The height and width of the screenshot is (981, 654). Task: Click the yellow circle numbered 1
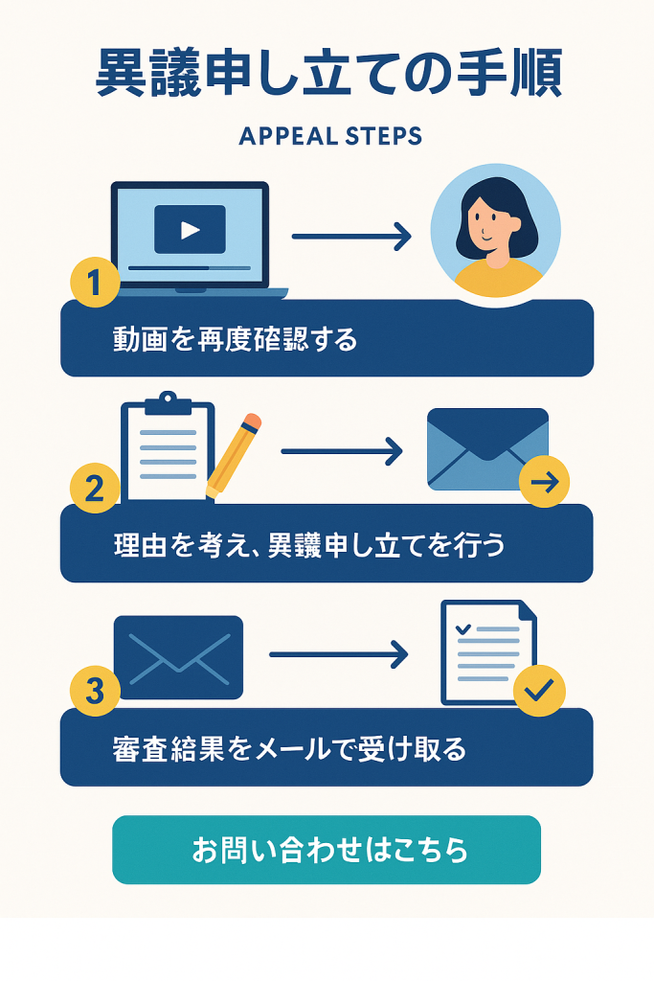pyautogui.click(x=95, y=282)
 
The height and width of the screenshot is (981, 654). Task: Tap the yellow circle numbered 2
pyautogui.click(x=95, y=488)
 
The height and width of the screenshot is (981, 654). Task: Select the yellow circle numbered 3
pyautogui.click(x=95, y=692)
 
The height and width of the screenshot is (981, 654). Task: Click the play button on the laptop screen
pyautogui.click(x=191, y=230)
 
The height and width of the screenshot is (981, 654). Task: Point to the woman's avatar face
pyautogui.click(x=487, y=222)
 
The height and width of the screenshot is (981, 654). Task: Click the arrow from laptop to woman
pyautogui.click(x=352, y=237)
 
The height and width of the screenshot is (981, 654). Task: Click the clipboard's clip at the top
pyautogui.click(x=168, y=403)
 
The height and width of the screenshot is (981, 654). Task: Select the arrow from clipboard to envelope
pyautogui.click(x=342, y=451)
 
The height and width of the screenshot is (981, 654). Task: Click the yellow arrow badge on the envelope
pyautogui.click(x=545, y=481)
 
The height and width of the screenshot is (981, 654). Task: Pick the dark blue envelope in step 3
pyautogui.click(x=179, y=657)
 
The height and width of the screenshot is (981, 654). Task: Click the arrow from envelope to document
pyautogui.click(x=339, y=654)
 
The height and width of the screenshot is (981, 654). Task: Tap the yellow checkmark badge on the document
pyautogui.click(x=539, y=691)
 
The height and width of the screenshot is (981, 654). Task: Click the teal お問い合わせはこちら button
pyautogui.click(x=327, y=850)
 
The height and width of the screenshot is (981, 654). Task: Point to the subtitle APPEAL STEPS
pyautogui.click(x=330, y=136)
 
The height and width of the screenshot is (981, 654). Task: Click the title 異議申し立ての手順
pyautogui.click(x=329, y=73)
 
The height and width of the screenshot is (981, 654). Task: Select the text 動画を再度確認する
pyautogui.click(x=236, y=340)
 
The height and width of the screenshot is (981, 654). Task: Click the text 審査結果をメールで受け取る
pyautogui.click(x=289, y=749)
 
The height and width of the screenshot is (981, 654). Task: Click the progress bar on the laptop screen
pyautogui.click(x=190, y=268)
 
